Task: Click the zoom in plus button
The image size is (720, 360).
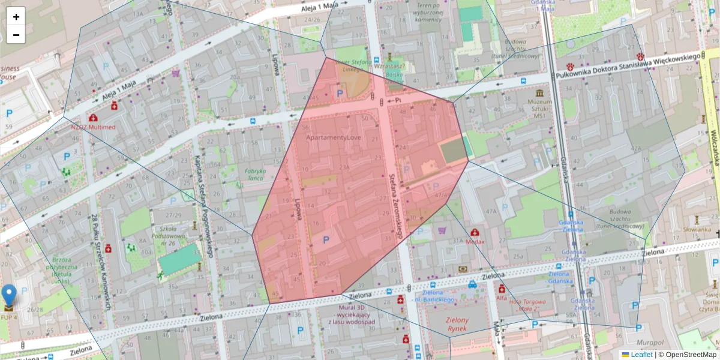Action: click(x=16, y=17)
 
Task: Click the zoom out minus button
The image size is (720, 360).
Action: click(x=16, y=35)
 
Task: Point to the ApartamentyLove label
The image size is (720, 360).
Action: click(x=334, y=137)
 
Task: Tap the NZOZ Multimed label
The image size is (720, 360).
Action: click(x=93, y=127)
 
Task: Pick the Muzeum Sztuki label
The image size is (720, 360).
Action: click(x=539, y=107)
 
